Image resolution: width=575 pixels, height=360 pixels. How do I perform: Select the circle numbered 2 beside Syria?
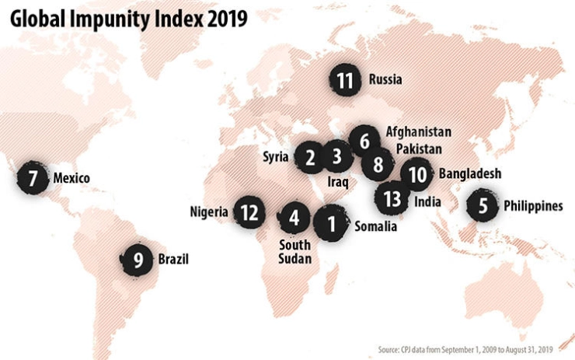pyautogui.click(x=309, y=159)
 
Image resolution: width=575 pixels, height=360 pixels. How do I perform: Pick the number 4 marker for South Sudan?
pyautogui.click(x=294, y=218)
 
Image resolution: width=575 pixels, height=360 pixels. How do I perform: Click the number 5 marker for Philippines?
pyautogui.click(x=483, y=207)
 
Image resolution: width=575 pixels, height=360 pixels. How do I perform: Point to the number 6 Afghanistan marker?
pyautogui.click(x=363, y=141)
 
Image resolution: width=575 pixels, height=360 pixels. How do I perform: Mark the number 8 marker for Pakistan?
pyautogui.click(x=378, y=164)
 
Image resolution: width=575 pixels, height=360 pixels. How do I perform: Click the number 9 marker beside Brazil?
pyautogui.click(x=138, y=260)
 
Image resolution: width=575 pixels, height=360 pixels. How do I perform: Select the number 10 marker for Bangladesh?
pyautogui.click(x=417, y=175)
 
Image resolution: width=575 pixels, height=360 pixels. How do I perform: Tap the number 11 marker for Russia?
pyautogui.click(x=345, y=79)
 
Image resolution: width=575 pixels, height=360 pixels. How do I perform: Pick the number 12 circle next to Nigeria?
pyautogui.click(x=249, y=211)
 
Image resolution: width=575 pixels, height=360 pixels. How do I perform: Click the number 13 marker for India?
pyautogui.click(x=392, y=198)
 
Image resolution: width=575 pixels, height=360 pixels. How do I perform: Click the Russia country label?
pyautogui.click(x=385, y=79)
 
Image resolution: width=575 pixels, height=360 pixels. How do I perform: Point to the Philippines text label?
pyautogui.click(x=532, y=206)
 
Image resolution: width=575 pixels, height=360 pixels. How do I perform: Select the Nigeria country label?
pyautogui.click(x=209, y=211)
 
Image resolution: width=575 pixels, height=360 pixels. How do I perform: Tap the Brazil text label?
pyautogui.click(x=173, y=260)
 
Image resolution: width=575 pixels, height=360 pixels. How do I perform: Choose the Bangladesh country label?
pyautogui.click(x=469, y=173)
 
